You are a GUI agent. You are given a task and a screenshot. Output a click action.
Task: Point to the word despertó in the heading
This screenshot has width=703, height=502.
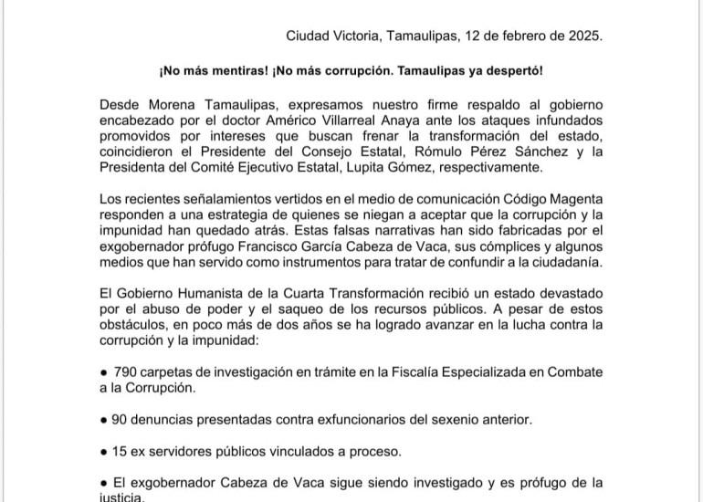tap(519, 71)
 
